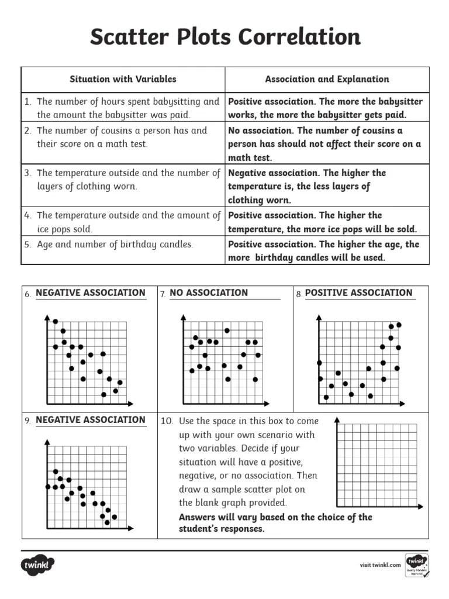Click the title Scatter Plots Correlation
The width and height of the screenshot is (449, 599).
pyautogui.click(x=225, y=37)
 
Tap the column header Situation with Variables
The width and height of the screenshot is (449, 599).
pyautogui.click(x=123, y=79)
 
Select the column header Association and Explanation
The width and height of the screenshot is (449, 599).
pyautogui.click(x=327, y=79)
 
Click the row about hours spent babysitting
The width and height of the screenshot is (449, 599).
pyautogui.click(x=123, y=108)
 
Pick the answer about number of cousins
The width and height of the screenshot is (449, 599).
pyautogui.click(x=324, y=144)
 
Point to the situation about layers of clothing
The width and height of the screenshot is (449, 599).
pyautogui.click(x=123, y=180)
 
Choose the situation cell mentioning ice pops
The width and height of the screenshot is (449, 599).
pyautogui.click(x=123, y=222)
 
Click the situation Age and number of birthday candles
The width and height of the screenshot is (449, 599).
pyautogui.click(x=115, y=245)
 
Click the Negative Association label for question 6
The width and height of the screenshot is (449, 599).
pyautogui.click(x=91, y=293)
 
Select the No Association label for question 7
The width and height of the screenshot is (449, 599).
pyautogui.click(x=209, y=293)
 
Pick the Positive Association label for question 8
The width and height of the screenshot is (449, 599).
pyautogui.click(x=359, y=293)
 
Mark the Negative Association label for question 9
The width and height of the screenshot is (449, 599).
pyautogui.click(x=91, y=420)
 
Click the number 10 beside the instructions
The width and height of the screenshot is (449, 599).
pyautogui.click(x=167, y=422)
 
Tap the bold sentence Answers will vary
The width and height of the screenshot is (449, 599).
pyautogui.click(x=275, y=523)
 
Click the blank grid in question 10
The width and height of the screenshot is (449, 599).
pyautogui.click(x=377, y=465)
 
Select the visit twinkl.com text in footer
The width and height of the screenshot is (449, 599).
pyautogui.click(x=380, y=565)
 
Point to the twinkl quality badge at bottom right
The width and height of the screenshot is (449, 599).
pyautogui.click(x=416, y=565)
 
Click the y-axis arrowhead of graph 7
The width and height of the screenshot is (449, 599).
pyautogui.click(x=184, y=318)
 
